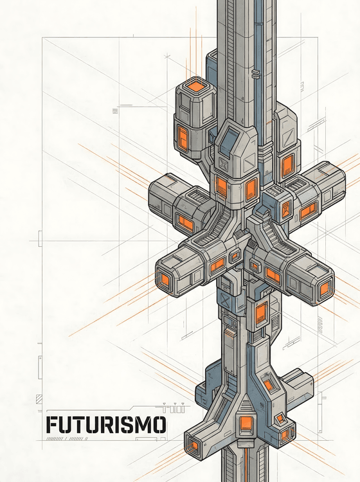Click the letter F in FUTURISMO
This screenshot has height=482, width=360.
coord(51,425)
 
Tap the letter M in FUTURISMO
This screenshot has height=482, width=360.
coord(141,425)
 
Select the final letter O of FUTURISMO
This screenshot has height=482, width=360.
coord(158,425)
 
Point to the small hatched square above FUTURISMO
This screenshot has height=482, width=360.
coord(39,398)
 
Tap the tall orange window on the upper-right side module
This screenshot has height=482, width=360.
coord(287,166)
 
